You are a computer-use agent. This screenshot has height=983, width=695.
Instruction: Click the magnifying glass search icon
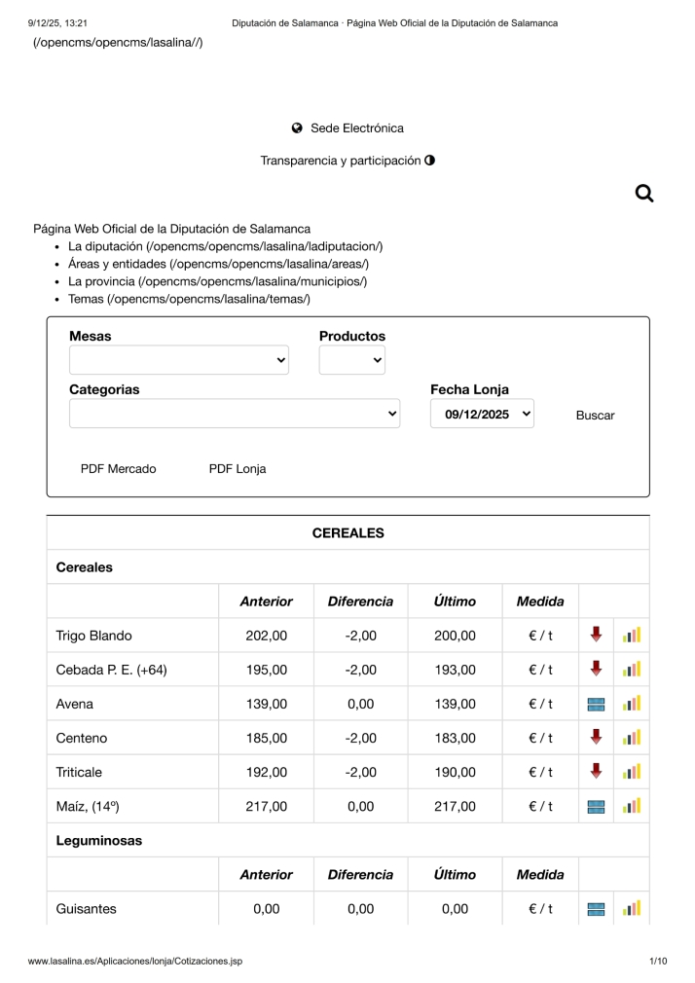click(643, 194)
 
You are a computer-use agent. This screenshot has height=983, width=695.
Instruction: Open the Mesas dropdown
click(179, 360)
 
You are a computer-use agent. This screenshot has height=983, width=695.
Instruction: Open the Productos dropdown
click(352, 360)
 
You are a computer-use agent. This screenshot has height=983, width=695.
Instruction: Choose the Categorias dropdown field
click(235, 414)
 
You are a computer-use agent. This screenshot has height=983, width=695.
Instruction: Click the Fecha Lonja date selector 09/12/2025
click(482, 414)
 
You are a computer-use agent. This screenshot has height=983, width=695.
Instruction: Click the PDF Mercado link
click(118, 469)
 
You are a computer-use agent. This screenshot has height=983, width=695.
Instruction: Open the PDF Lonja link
click(238, 469)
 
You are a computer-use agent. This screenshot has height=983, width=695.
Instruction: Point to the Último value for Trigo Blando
click(455, 636)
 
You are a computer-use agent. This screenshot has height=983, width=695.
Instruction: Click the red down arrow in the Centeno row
click(596, 737)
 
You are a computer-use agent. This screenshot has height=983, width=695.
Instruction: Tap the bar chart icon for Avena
click(632, 704)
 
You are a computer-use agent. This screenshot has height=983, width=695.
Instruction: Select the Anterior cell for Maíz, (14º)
click(267, 806)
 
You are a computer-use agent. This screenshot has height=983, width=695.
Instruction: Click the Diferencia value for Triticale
click(360, 772)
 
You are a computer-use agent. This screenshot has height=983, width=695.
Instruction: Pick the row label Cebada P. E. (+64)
click(111, 670)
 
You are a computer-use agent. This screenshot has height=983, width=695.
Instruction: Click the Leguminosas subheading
click(99, 841)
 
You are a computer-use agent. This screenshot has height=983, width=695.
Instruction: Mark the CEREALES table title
click(347, 533)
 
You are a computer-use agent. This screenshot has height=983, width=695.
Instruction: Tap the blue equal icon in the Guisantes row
click(596, 909)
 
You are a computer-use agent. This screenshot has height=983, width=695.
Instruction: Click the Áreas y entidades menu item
click(218, 264)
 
